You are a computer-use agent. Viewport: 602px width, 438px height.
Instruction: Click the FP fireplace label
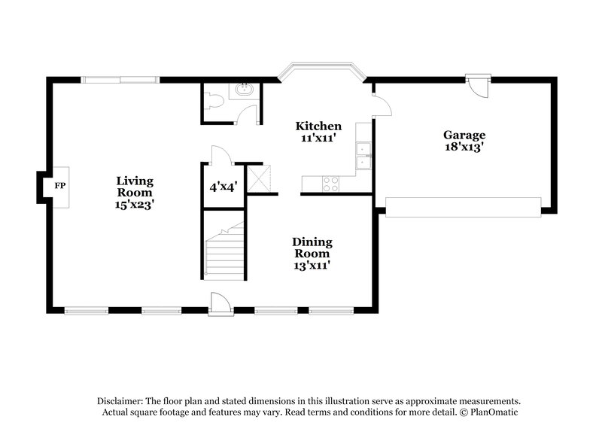click(58, 184)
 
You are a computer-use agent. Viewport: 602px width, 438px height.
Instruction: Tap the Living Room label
click(135, 187)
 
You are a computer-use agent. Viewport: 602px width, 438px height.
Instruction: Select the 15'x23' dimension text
click(135, 203)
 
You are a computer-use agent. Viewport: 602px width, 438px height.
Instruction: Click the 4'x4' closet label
click(223, 186)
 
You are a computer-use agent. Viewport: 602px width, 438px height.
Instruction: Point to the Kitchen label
click(318, 126)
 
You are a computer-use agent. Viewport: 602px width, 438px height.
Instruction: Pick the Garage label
click(464, 135)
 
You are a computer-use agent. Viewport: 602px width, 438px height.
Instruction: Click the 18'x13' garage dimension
click(464, 148)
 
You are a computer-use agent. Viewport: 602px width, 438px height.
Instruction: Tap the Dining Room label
click(312, 248)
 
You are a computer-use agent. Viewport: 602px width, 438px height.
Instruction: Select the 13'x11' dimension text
click(312, 265)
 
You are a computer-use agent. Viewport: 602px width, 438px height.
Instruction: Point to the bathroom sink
click(243, 90)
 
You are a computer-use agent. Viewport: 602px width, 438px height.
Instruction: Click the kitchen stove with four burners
click(330, 181)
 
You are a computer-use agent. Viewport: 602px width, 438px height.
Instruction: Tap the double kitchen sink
click(364, 155)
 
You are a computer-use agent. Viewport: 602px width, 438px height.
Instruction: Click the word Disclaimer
click(120, 401)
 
